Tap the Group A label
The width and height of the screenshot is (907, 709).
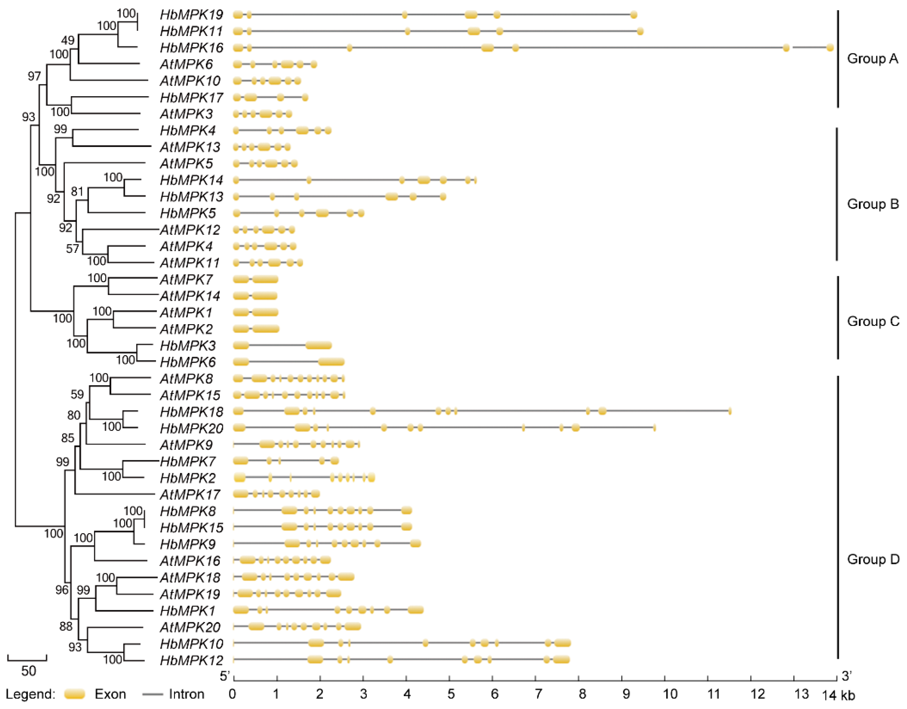point(872,59)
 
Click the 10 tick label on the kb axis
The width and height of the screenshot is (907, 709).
point(670,694)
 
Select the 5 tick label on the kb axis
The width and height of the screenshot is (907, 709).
point(451,694)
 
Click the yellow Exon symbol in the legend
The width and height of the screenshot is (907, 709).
point(75,694)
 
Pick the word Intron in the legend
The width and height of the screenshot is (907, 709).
point(186,694)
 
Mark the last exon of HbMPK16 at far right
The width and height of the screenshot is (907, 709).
point(830,48)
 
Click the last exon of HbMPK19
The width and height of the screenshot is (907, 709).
point(633,15)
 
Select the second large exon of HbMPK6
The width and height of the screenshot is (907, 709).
point(331,362)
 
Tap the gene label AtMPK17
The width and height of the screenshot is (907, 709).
point(190,495)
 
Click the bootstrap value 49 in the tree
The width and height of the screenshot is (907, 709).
point(68,40)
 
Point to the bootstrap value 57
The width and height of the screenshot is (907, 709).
point(72,248)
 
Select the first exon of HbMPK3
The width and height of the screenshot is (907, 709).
point(241,345)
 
